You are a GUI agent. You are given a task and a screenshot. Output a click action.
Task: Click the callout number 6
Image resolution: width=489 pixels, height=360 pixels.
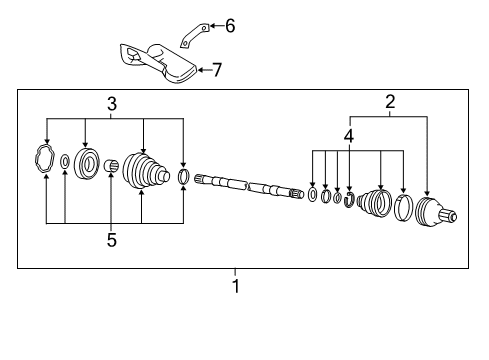tap(230, 26)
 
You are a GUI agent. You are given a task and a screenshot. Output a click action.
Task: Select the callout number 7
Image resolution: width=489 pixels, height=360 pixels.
tap(217, 70)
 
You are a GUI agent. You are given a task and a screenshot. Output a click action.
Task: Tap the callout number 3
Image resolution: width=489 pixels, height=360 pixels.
tap(112, 104)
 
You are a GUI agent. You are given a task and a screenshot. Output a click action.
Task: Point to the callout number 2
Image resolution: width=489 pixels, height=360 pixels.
tap(390, 101)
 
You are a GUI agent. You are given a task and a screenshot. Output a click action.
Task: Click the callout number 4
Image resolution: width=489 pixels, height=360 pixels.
tap(349, 136)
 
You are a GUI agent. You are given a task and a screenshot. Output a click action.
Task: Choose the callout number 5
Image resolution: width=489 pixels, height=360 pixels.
tap(112, 240)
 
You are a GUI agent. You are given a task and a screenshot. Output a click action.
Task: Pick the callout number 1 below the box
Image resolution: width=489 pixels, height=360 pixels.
tap(236, 286)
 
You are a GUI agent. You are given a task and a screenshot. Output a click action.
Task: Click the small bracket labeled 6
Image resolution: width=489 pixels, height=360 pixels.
tap(195, 35)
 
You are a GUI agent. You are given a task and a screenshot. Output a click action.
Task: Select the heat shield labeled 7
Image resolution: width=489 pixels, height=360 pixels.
tap(159, 63)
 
